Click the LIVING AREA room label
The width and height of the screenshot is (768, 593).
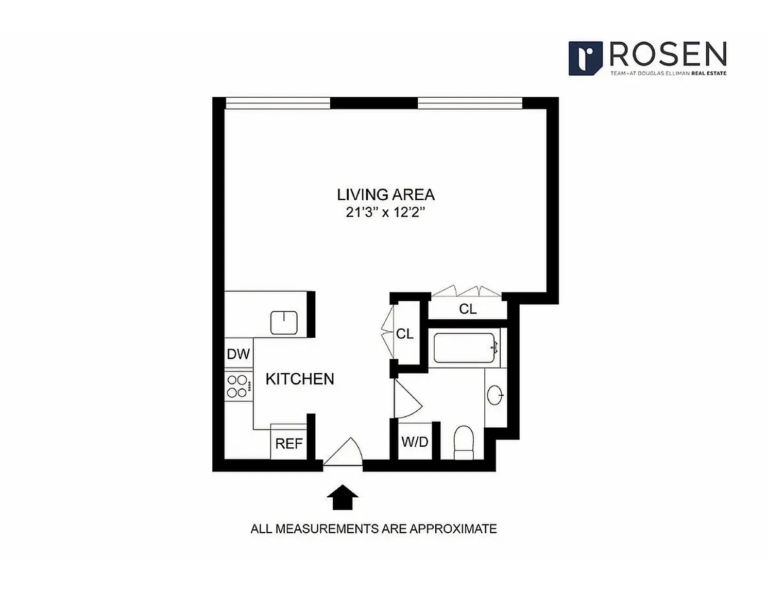386,195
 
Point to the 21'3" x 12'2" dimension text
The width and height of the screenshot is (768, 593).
385,213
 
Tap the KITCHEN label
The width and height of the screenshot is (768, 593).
300,379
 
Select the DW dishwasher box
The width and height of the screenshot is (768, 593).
238,353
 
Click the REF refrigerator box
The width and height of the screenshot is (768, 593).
288,442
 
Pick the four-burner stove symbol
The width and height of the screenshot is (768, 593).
238,386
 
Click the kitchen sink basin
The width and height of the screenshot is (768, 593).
284,322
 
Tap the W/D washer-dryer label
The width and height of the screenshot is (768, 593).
415,442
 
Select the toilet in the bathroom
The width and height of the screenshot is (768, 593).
464,443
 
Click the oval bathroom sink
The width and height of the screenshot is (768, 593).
494,395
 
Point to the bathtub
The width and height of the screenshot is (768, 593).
464,348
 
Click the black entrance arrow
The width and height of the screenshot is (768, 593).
343,497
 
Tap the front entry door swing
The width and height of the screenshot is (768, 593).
343,452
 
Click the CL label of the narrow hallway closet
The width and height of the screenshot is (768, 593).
405,334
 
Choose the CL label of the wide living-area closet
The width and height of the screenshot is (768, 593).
468,309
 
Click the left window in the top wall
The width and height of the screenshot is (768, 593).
278,103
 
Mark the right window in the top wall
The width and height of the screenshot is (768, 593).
470,103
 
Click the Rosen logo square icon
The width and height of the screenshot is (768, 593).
585,58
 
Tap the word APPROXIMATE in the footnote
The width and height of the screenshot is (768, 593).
453,529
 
